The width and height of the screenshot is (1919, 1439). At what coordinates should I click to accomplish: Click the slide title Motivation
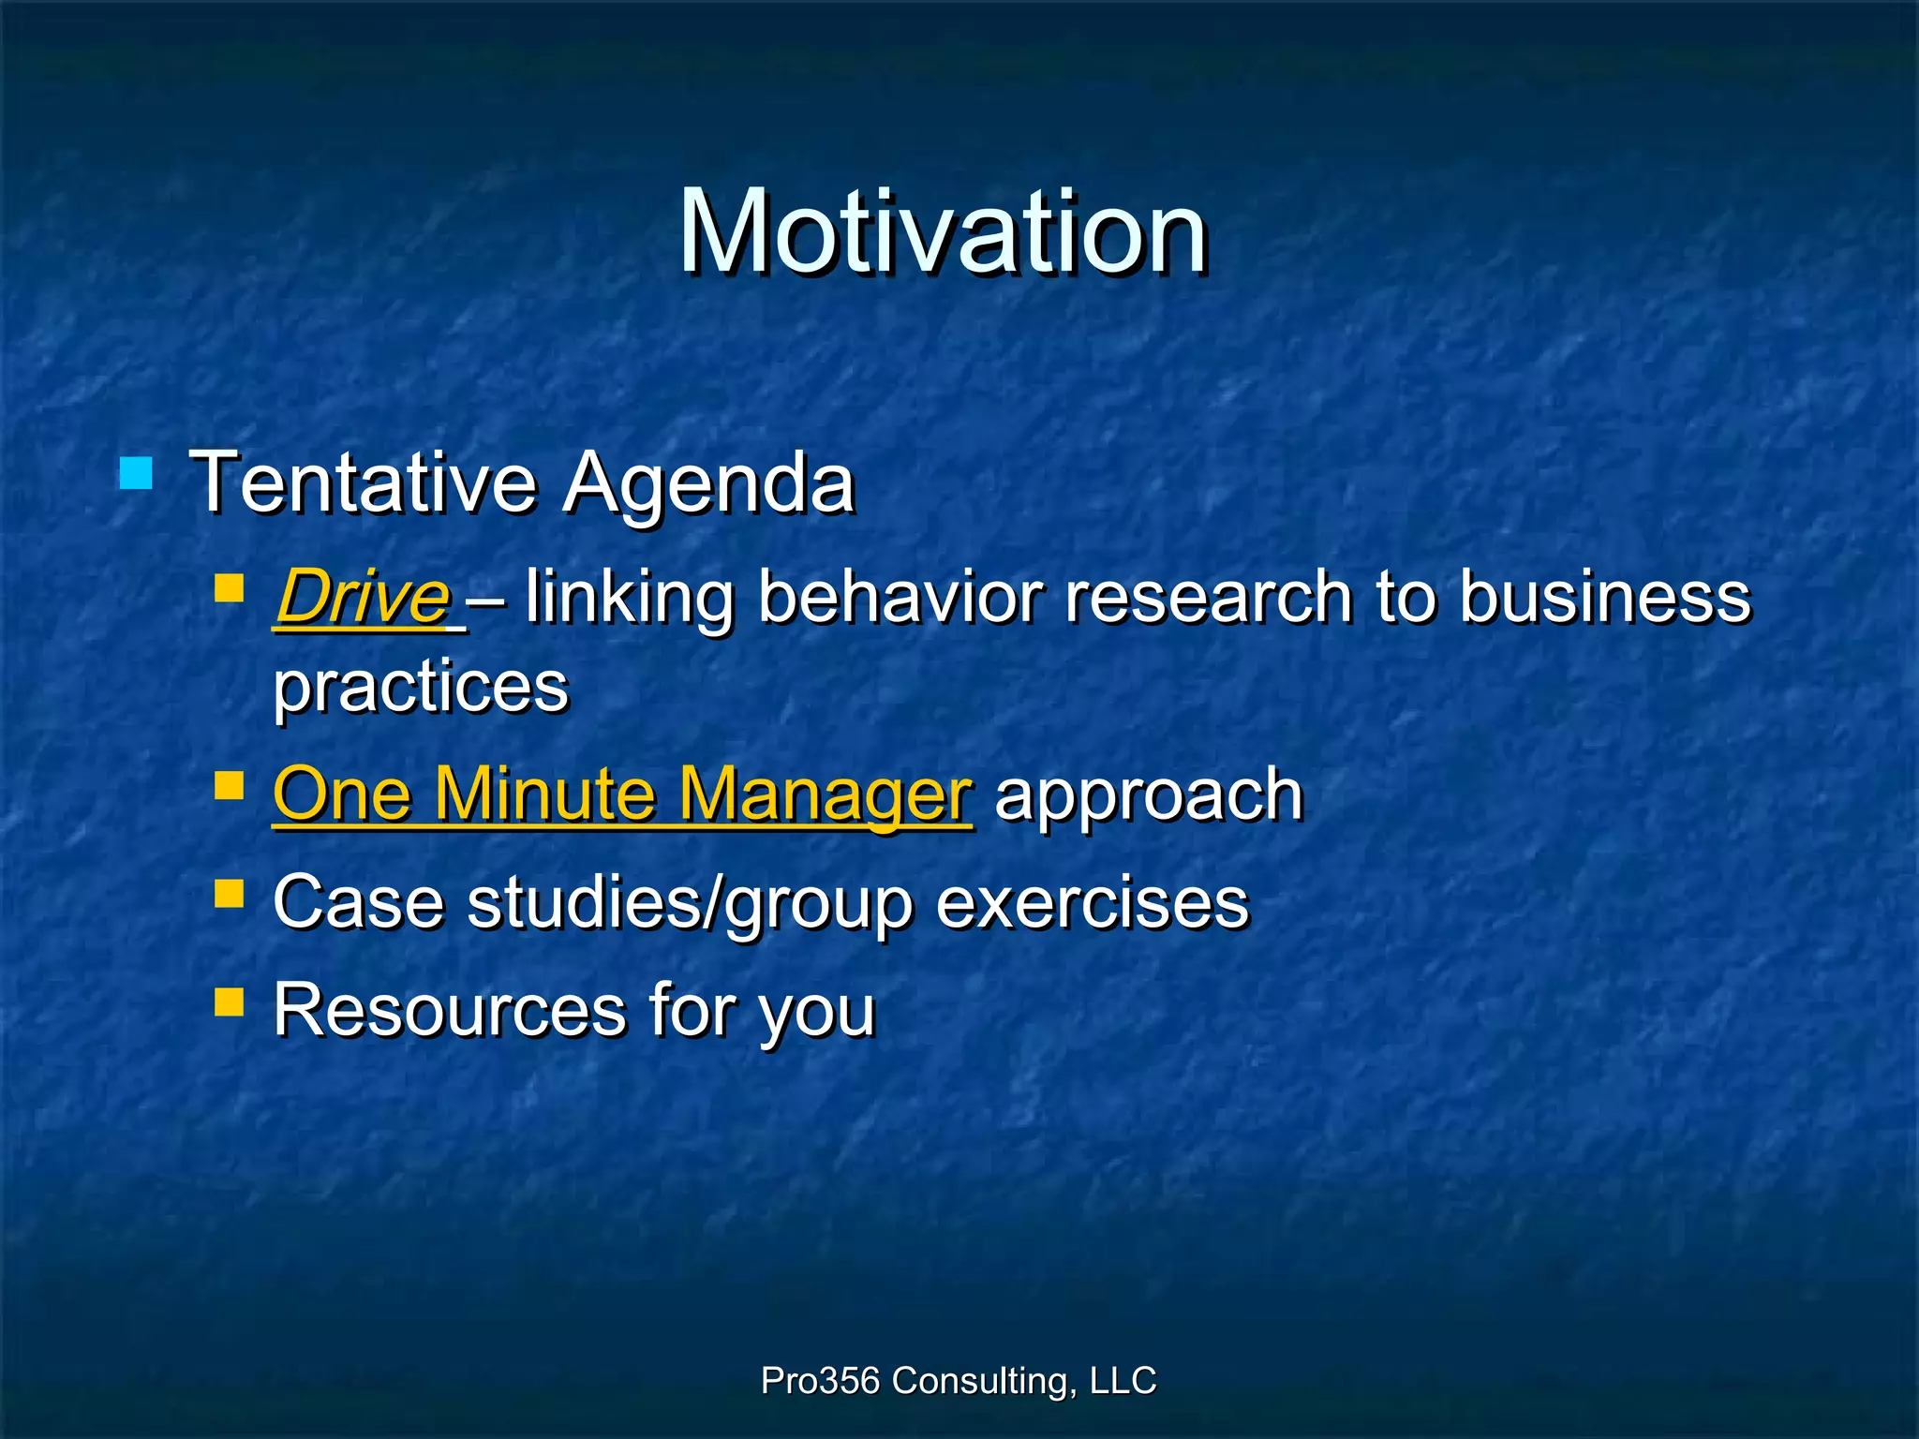[x=942, y=231]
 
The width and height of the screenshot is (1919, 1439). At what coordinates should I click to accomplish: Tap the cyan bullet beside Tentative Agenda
[x=136, y=473]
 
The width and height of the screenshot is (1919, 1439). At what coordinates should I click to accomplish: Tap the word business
[x=1604, y=597]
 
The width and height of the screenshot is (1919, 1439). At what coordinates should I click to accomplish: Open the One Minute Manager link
[x=622, y=794]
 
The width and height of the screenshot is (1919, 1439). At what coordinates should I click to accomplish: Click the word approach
[x=1149, y=794]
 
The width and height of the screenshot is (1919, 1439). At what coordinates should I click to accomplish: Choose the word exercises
[x=1093, y=902]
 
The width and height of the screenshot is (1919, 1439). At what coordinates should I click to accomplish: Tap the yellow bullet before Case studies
[x=229, y=893]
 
